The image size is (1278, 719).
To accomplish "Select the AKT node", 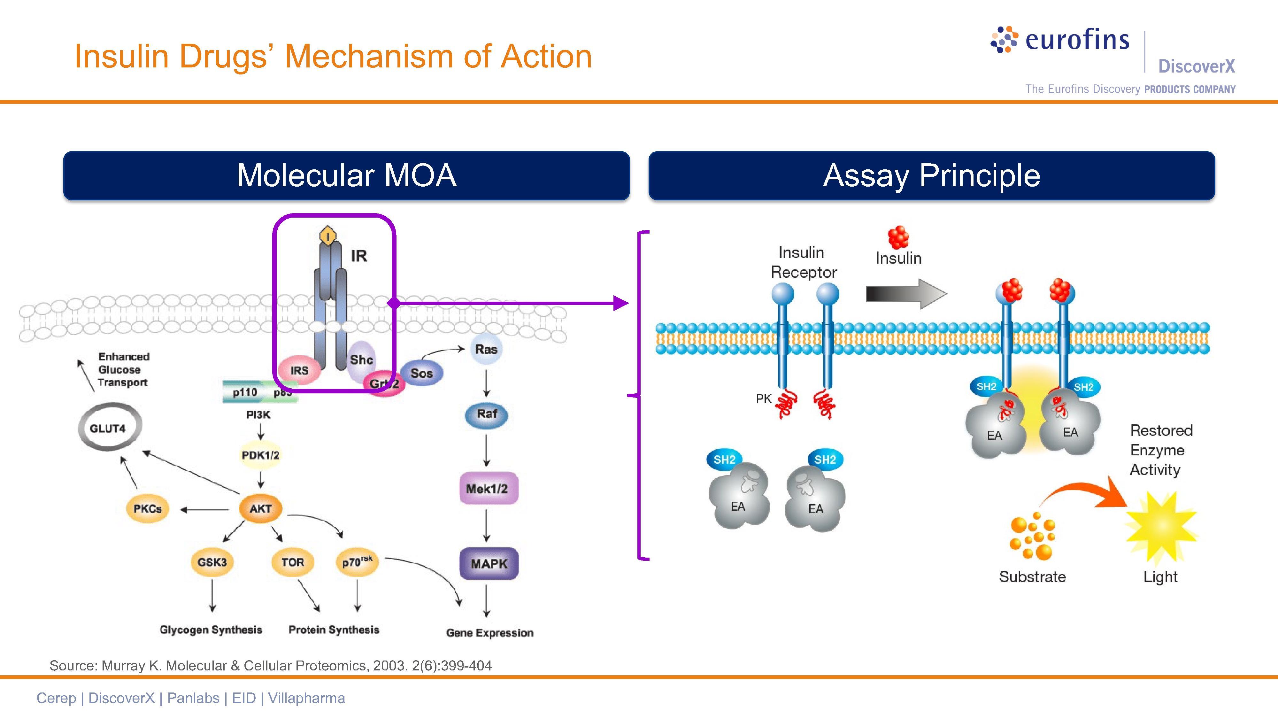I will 260,509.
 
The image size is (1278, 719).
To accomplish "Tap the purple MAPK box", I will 489,564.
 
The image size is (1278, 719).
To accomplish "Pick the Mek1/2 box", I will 487,489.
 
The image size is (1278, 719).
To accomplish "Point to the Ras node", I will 486,349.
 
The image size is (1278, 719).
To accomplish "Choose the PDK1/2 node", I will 260,455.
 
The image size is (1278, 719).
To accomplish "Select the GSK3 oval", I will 212,562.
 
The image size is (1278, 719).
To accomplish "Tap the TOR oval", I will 293,562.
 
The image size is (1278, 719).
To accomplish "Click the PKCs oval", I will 147,509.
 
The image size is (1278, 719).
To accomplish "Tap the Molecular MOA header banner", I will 346,176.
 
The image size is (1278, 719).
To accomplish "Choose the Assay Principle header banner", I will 931,176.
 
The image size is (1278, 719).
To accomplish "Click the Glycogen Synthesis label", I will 211,630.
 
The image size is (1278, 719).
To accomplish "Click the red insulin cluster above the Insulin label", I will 898,237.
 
